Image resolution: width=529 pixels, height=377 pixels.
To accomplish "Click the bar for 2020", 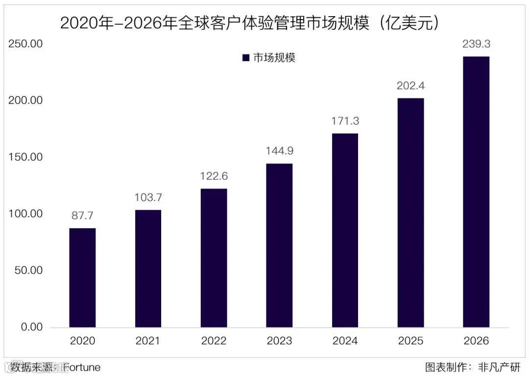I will (82, 278).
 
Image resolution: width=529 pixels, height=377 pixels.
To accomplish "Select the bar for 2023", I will (279, 245).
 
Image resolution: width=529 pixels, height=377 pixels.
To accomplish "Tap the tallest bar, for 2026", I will (476, 192).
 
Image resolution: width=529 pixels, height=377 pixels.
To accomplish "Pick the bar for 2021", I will (148, 268).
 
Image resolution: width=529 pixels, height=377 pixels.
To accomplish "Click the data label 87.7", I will (82, 216).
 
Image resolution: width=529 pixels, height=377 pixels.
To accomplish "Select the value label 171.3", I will (345, 121).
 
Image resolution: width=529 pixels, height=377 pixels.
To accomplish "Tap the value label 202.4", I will (410, 86).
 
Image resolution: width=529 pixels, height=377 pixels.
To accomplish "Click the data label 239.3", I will (476, 44).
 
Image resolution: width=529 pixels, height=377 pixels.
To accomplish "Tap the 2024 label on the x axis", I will (345, 341).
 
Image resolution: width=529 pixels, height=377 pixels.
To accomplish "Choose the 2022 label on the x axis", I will (214, 341).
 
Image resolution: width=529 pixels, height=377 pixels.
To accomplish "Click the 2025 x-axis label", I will (410, 341).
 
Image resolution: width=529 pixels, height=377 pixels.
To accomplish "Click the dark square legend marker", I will (246, 58).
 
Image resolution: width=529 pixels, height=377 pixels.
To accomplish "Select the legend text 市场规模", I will (274, 58).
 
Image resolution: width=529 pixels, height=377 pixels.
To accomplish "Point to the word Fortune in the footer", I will (81, 367).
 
